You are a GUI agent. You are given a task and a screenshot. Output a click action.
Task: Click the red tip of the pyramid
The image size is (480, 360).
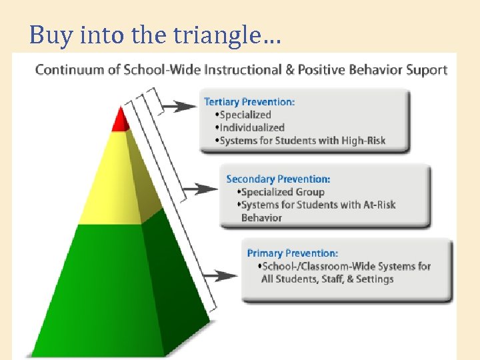pyautogui.click(x=121, y=121)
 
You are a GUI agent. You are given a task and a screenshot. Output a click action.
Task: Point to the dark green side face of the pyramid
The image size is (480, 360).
pyautogui.click(x=177, y=280)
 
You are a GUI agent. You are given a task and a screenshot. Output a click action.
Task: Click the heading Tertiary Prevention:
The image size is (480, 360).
pyautogui.click(x=249, y=102)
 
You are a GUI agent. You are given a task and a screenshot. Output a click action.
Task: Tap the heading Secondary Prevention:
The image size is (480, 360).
pyautogui.click(x=278, y=179)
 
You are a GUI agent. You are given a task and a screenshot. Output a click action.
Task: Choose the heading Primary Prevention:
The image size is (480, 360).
pyautogui.click(x=292, y=253)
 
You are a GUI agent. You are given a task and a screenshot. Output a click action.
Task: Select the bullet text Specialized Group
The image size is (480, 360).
pyautogui.click(x=283, y=192)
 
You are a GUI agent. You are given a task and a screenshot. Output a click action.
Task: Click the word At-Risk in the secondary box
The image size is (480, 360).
pyautogui.click(x=376, y=205)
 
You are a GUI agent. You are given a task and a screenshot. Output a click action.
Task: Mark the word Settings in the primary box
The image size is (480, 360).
pyautogui.click(x=375, y=279)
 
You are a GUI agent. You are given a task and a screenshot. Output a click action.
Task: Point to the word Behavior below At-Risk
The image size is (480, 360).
pyautogui.click(x=261, y=217)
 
